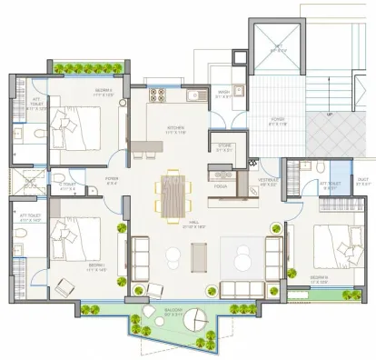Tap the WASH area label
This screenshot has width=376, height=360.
click(x=223, y=92)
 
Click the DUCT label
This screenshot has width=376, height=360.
click(x=361, y=179)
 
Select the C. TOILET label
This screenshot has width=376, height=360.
click(x=68, y=185)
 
